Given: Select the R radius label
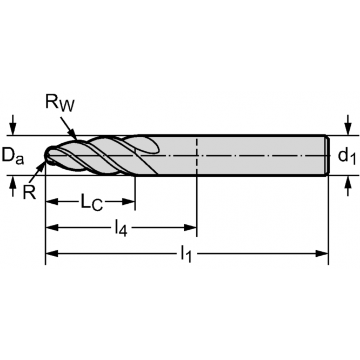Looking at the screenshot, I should (x=29, y=191).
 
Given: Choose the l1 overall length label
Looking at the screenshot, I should (x=186, y=253).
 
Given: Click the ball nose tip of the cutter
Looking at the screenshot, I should (x=48, y=156).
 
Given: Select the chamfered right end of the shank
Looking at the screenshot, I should (x=326, y=155).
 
